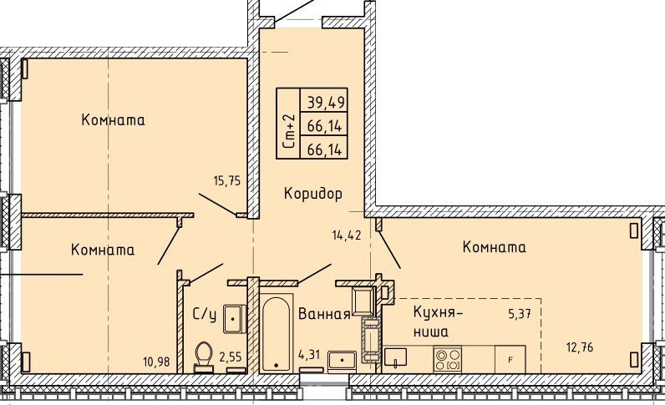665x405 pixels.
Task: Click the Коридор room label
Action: point(313,194)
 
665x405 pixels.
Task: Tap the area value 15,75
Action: point(227,181)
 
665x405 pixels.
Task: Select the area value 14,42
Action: point(347,235)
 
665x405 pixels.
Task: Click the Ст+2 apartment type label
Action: point(288,131)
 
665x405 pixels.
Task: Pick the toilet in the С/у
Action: point(204,357)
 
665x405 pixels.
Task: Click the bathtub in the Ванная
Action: point(276,334)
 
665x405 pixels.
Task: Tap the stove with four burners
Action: point(448,359)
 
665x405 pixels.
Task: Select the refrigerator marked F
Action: point(510,359)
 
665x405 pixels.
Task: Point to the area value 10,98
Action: point(157,362)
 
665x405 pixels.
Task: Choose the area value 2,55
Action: point(231,357)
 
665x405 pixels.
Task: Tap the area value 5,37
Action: point(520,314)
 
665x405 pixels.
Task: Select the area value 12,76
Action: point(580,347)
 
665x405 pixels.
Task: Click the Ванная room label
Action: point(324,314)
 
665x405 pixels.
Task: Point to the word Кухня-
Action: point(439,313)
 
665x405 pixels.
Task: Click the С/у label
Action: point(205,314)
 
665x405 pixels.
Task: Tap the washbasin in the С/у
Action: point(234,319)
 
